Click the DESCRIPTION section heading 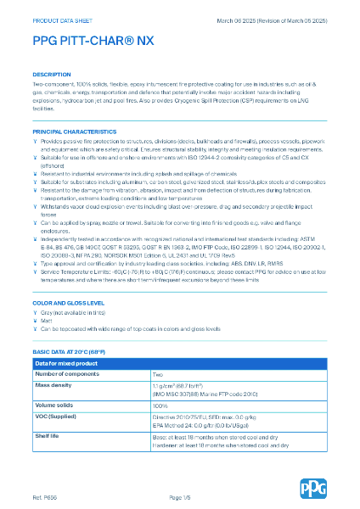point(51,75)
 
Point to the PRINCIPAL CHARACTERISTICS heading point(74,132)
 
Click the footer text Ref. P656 point(45,495)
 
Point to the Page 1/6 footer point(180,495)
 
